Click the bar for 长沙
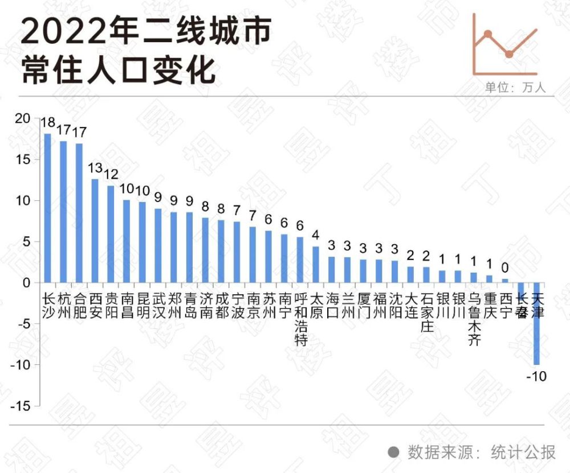(47, 208)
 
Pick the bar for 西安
(95, 231)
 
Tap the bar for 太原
(315, 264)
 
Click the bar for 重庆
(489, 279)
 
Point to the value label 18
(48, 122)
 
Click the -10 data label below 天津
(536, 376)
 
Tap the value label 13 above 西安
(95, 168)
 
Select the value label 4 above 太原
(315, 235)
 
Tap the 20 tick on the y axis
(22, 118)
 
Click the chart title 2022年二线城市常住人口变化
(145, 51)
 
